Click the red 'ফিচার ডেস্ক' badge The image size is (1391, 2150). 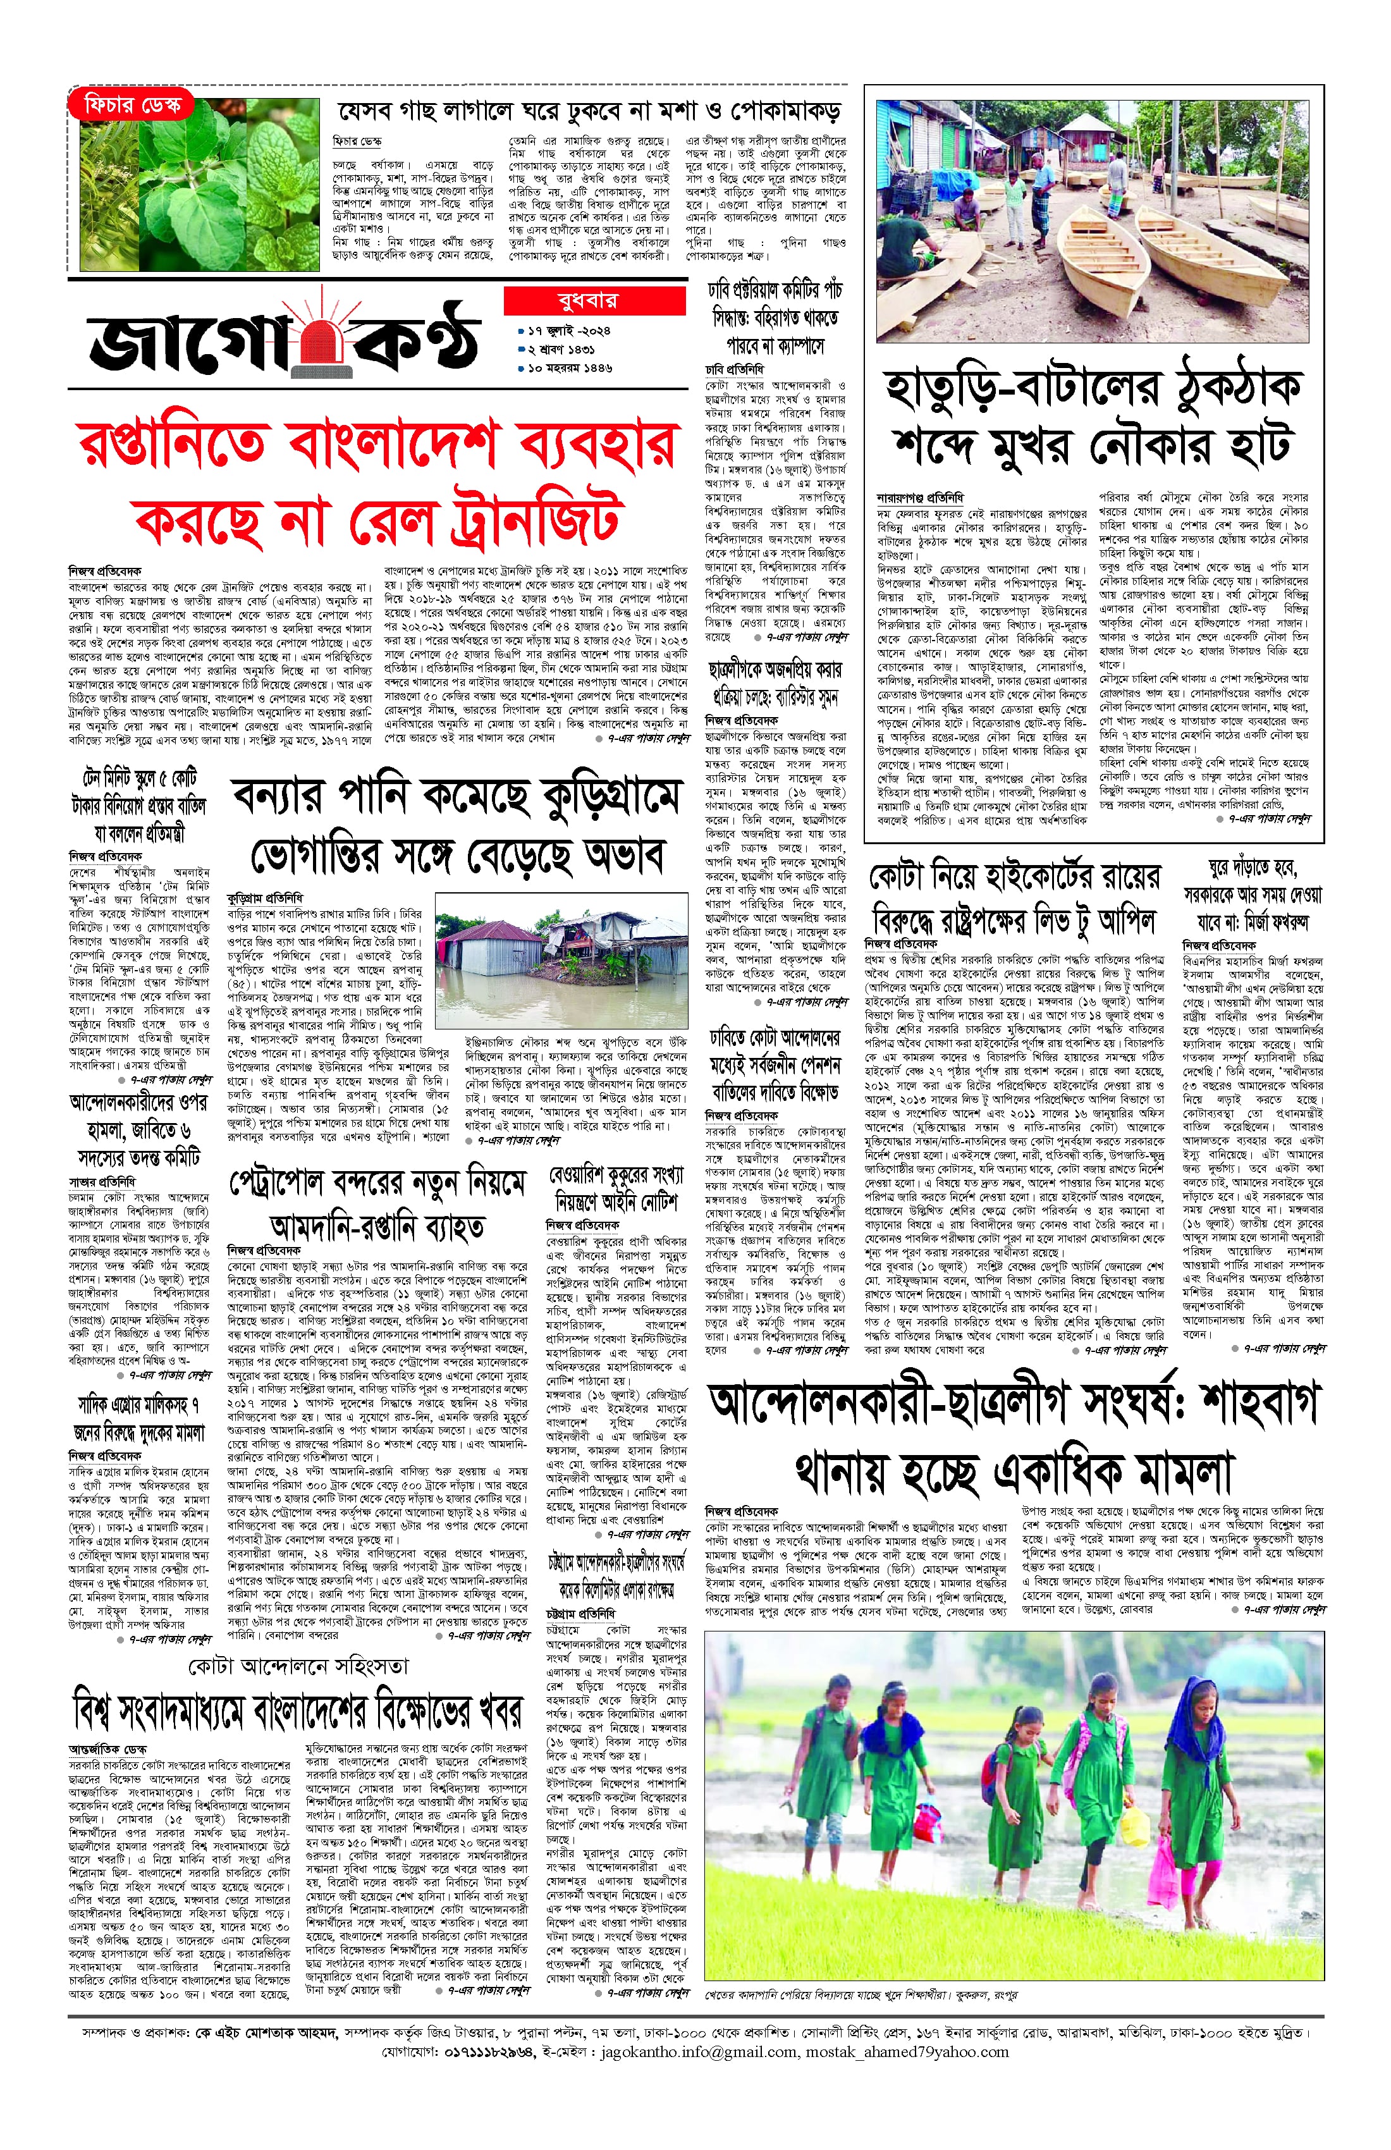[132, 105]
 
